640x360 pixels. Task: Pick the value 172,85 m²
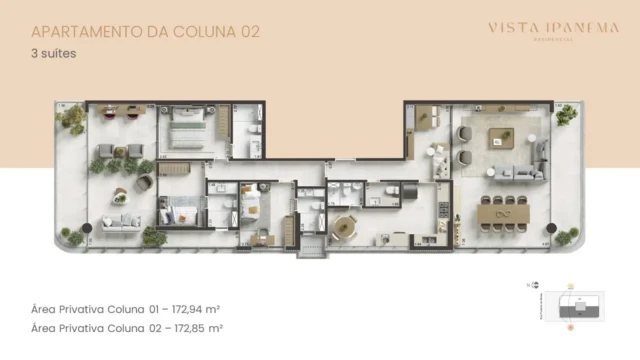click(197, 327)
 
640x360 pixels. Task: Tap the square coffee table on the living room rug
click(500, 140)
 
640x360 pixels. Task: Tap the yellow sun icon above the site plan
click(572, 286)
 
